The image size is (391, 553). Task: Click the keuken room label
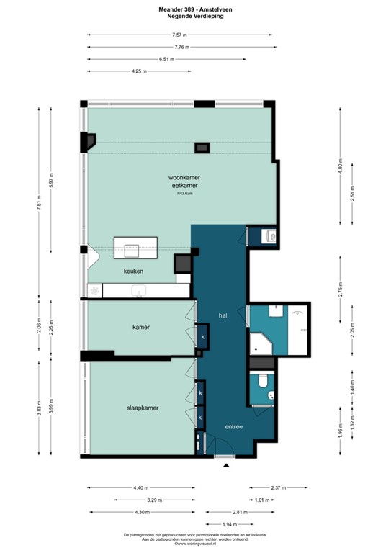click(133, 271)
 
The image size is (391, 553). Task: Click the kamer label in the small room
click(140, 327)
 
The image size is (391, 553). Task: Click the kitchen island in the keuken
click(135, 249)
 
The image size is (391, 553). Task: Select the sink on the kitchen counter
click(140, 290)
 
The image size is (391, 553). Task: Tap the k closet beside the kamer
click(202, 336)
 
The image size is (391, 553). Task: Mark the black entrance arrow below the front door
click(227, 467)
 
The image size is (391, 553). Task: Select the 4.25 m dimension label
click(139, 71)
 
